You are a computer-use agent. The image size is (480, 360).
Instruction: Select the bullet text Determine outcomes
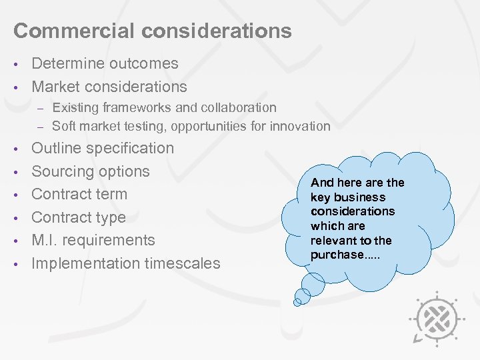click(105, 64)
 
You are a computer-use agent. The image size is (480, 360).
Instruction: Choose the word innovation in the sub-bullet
click(300, 126)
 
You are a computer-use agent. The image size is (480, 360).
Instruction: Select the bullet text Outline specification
click(103, 148)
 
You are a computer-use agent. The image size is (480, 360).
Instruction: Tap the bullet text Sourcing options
click(91, 171)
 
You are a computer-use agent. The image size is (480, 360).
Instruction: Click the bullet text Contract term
click(79, 194)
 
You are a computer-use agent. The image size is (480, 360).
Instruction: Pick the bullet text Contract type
click(79, 217)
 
